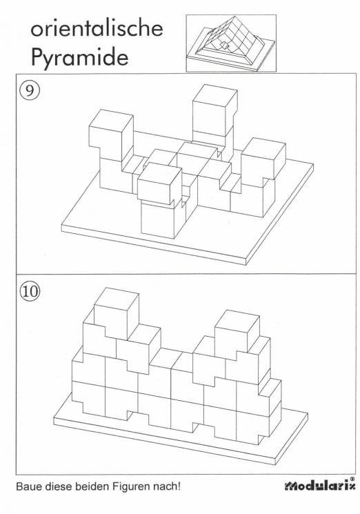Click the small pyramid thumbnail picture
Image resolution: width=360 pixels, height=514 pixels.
[x=230, y=44]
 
